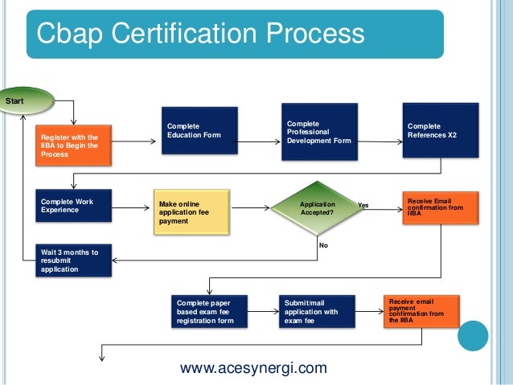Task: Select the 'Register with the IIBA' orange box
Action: pyautogui.click(x=72, y=145)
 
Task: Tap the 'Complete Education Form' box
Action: pyautogui.click(x=198, y=131)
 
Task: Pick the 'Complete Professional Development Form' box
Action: pyautogui.click(x=318, y=130)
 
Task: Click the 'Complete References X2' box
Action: pyautogui.click(x=441, y=130)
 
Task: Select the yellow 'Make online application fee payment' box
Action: pyautogui.click(x=191, y=211)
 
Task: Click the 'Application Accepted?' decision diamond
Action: pyautogui.click(x=318, y=209)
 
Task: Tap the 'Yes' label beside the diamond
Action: pyautogui.click(x=363, y=206)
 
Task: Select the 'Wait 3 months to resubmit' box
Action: pyautogui.click(x=72, y=261)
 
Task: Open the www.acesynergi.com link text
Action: pyautogui.click(x=253, y=369)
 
